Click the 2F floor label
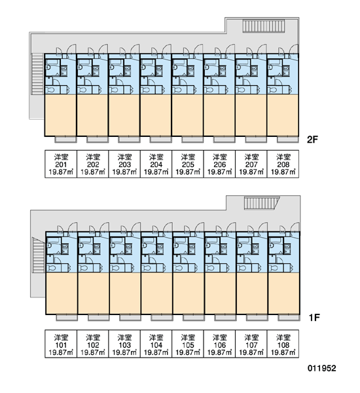312,140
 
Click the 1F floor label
314,318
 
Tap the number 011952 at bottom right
321,368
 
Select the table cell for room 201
61,164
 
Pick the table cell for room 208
283,164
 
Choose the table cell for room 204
156,164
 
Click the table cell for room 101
61,344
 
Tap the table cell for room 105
188,344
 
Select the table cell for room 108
283,344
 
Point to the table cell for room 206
219,164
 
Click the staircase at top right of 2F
264,26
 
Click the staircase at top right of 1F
262,203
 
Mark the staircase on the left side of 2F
37,74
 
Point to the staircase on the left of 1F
39,255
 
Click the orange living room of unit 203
124,115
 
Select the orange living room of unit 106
221,293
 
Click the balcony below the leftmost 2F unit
65,140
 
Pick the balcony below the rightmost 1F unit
289,318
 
